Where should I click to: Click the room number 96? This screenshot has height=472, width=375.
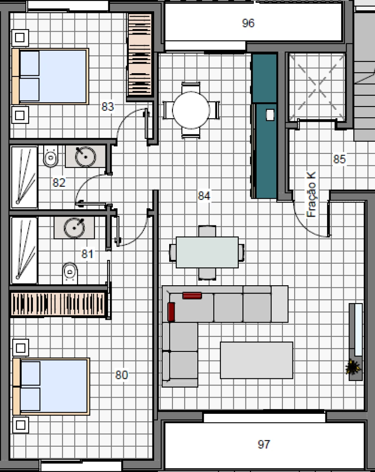(248, 23)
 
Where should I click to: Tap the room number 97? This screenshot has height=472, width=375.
(263, 445)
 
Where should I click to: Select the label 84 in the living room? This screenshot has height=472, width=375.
(204, 195)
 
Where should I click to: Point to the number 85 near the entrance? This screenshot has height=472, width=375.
(340, 159)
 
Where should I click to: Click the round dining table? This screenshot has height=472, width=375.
(191, 110)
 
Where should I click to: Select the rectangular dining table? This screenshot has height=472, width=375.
(207, 252)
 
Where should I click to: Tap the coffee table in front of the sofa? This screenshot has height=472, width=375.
(256, 360)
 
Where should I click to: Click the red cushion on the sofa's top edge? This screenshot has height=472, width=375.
(192, 295)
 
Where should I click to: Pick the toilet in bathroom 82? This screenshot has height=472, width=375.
(51, 156)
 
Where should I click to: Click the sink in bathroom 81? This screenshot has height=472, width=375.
(74, 227)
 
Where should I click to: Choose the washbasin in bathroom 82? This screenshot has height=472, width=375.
(85, 156)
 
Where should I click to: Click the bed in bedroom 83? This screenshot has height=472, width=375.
(50, 76)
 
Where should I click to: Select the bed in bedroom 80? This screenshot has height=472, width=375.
(51, 386)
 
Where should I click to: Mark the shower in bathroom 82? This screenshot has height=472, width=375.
(24, 177)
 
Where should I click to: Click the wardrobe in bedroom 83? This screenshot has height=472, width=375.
(139, 56)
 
